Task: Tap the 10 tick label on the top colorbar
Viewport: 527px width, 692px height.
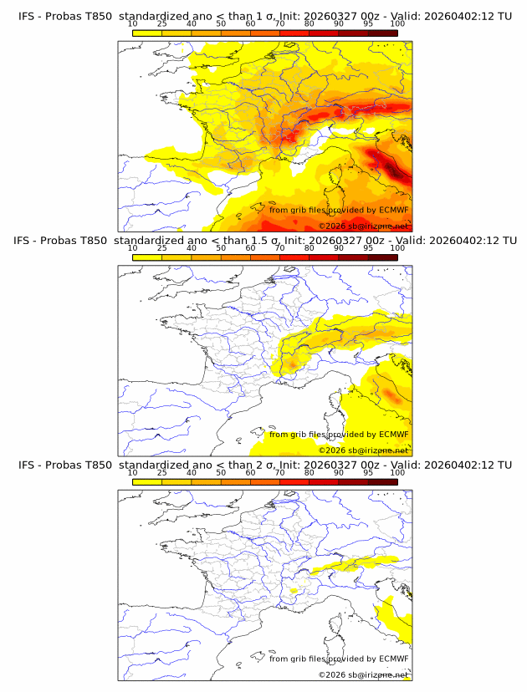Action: coord(132,23)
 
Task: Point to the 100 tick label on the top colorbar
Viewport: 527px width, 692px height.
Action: coord(397,23)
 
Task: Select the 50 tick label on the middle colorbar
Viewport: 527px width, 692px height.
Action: coord(221,248)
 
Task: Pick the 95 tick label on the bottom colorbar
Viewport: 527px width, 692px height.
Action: coord(368,472)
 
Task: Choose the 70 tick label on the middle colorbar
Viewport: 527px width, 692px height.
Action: coord(279,248)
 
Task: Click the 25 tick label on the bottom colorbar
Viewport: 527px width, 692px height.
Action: coord(162,472)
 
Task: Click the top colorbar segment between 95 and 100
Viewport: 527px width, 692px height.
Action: coord(382,33)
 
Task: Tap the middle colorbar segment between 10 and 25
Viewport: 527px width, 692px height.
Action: coord(147,257)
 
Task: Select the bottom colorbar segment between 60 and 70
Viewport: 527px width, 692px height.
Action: coord(264,481)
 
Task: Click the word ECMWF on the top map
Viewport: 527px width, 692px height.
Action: coord(393,210)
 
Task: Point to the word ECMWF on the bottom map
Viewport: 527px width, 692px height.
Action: coord(393,658)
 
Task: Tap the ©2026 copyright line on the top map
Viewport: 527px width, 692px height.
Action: coord(363,226)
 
